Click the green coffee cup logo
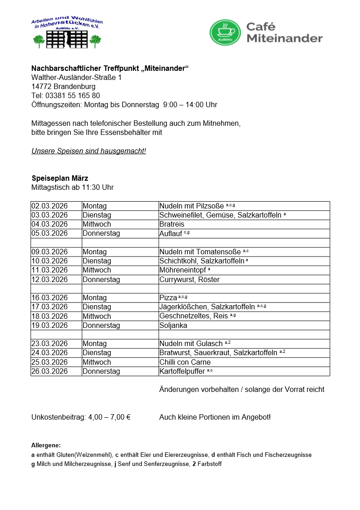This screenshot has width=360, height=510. [225, 32]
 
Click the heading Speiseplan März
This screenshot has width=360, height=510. [60, 178]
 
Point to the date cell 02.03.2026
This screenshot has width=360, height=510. [49, 206]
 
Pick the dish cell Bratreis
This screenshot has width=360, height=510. [173, 224]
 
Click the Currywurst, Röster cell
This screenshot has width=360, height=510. [189, 279]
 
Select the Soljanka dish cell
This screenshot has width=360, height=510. [173, 325]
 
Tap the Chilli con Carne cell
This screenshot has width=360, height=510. [185, 362]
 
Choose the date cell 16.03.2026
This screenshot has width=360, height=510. [49, 297]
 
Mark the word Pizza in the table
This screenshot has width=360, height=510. [168, 297]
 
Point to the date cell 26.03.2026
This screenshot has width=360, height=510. [49, 371]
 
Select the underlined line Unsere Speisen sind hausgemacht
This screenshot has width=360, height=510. [89, 151]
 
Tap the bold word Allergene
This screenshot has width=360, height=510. [46, 445]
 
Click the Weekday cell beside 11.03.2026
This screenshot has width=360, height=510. [97, 270]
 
